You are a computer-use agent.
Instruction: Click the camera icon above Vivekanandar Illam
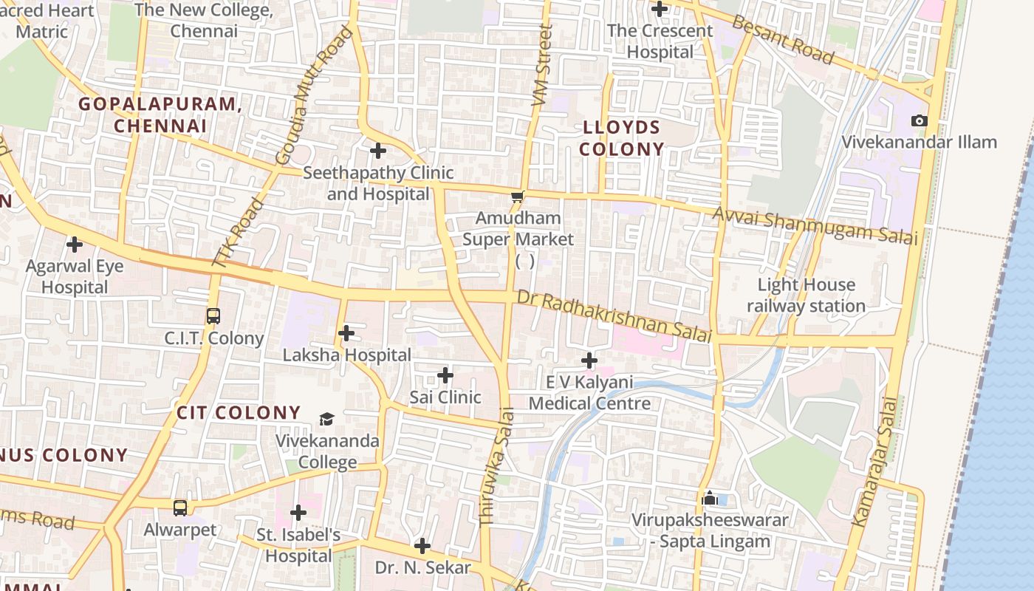[919, 120]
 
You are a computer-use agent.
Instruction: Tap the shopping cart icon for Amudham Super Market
[518, 197]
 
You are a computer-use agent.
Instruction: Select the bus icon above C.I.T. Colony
[213, 316]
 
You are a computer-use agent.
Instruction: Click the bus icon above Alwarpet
[180, 508]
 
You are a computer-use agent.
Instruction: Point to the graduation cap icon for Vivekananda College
[326, 420]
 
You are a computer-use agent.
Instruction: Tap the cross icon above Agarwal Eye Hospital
[75, 244]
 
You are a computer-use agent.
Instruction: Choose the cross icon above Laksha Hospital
[346, 333]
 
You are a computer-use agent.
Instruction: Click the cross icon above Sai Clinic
[445, 375]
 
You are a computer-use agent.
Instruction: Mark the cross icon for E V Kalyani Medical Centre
[589, 361]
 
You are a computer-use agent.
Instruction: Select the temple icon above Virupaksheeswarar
[710, 498]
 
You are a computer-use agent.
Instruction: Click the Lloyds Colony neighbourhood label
[621, 138]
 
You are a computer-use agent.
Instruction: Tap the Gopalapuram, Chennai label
[160, 115]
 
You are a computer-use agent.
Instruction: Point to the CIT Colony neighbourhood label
[239, 412]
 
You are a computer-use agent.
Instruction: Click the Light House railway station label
[806, 295]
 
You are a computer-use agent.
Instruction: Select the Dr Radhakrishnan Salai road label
[614, 315]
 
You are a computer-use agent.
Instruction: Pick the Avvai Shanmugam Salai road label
[815, 225]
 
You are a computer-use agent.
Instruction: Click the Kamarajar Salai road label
[874, 462]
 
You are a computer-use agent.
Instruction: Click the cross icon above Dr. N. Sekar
[422, 546]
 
